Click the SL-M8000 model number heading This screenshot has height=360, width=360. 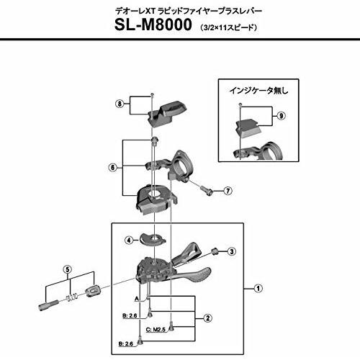tap(153, 24)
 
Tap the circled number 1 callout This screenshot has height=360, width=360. tap(258, 288)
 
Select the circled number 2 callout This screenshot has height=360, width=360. tap(208, 318)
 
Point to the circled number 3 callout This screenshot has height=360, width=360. tap(232, 251)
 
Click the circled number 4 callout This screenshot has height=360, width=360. tap(129, 240)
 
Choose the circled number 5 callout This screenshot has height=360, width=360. tap(68, 269)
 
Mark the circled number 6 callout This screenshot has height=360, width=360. tap(112, 167)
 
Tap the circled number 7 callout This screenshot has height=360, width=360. tap(228, 191)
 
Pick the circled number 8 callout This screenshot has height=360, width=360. tap(120, 104)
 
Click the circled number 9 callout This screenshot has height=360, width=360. tap(281, 116)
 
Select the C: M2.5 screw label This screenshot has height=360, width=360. tap(156, 330)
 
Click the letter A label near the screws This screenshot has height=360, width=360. tap(137, 299)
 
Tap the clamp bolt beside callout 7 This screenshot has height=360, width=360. tap(207, 190)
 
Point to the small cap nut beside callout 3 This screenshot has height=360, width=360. tap(214, 251)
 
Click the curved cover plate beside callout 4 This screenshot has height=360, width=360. tap(153, 238)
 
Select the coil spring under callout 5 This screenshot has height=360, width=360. tap(71, 297)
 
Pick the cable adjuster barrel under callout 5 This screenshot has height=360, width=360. tap(92, 290)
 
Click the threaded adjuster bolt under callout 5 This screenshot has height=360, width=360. tap(48, 305)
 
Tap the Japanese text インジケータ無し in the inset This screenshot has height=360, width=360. tap(258, 91)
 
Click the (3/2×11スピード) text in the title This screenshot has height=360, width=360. tap(228, 27)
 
